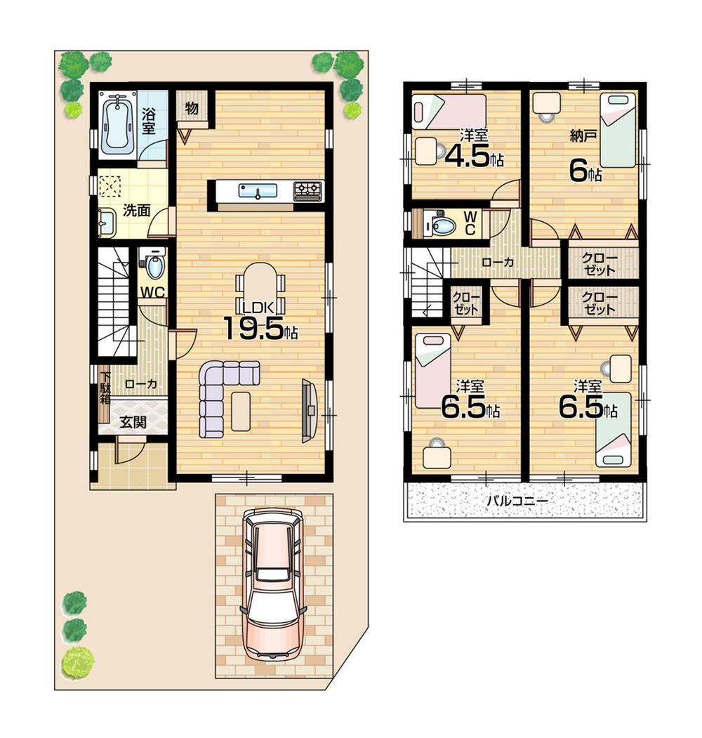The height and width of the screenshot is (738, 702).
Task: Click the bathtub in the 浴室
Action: coord(117,124)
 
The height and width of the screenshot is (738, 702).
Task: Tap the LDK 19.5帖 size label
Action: coord(260,327)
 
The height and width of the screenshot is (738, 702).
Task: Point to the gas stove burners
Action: coord(307,190)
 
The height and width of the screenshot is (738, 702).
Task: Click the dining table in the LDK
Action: coord(260,284)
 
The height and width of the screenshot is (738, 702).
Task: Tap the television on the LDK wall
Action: coord(310,410)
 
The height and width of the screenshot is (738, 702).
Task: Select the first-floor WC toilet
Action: coord(154,265)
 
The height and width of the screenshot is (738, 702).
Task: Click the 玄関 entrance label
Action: coord(133,422)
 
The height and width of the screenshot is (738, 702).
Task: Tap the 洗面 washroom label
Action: coord(136,209)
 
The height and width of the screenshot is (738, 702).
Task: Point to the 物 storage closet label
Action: coord(191,108)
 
